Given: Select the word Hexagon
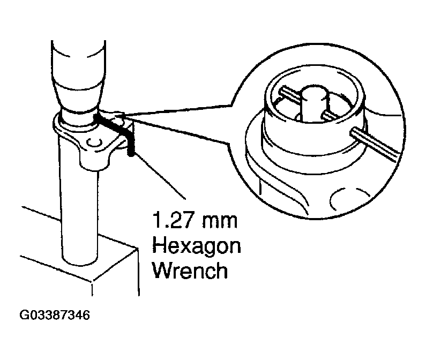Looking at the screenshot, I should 196,246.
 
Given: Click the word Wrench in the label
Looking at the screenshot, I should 191,271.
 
